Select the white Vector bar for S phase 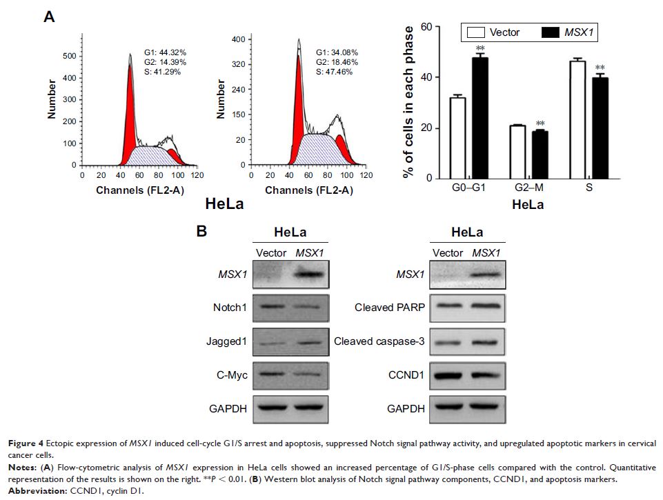point(578,120)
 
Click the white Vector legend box point(475,32)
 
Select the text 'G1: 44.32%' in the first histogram point(165,52)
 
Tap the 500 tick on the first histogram point(69,54)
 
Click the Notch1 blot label point(230,308)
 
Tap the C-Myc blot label point(231,374)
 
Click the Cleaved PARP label point(390,308)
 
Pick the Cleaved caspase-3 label point(378,341)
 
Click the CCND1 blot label point(406,374)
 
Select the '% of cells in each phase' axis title point(409,102)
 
